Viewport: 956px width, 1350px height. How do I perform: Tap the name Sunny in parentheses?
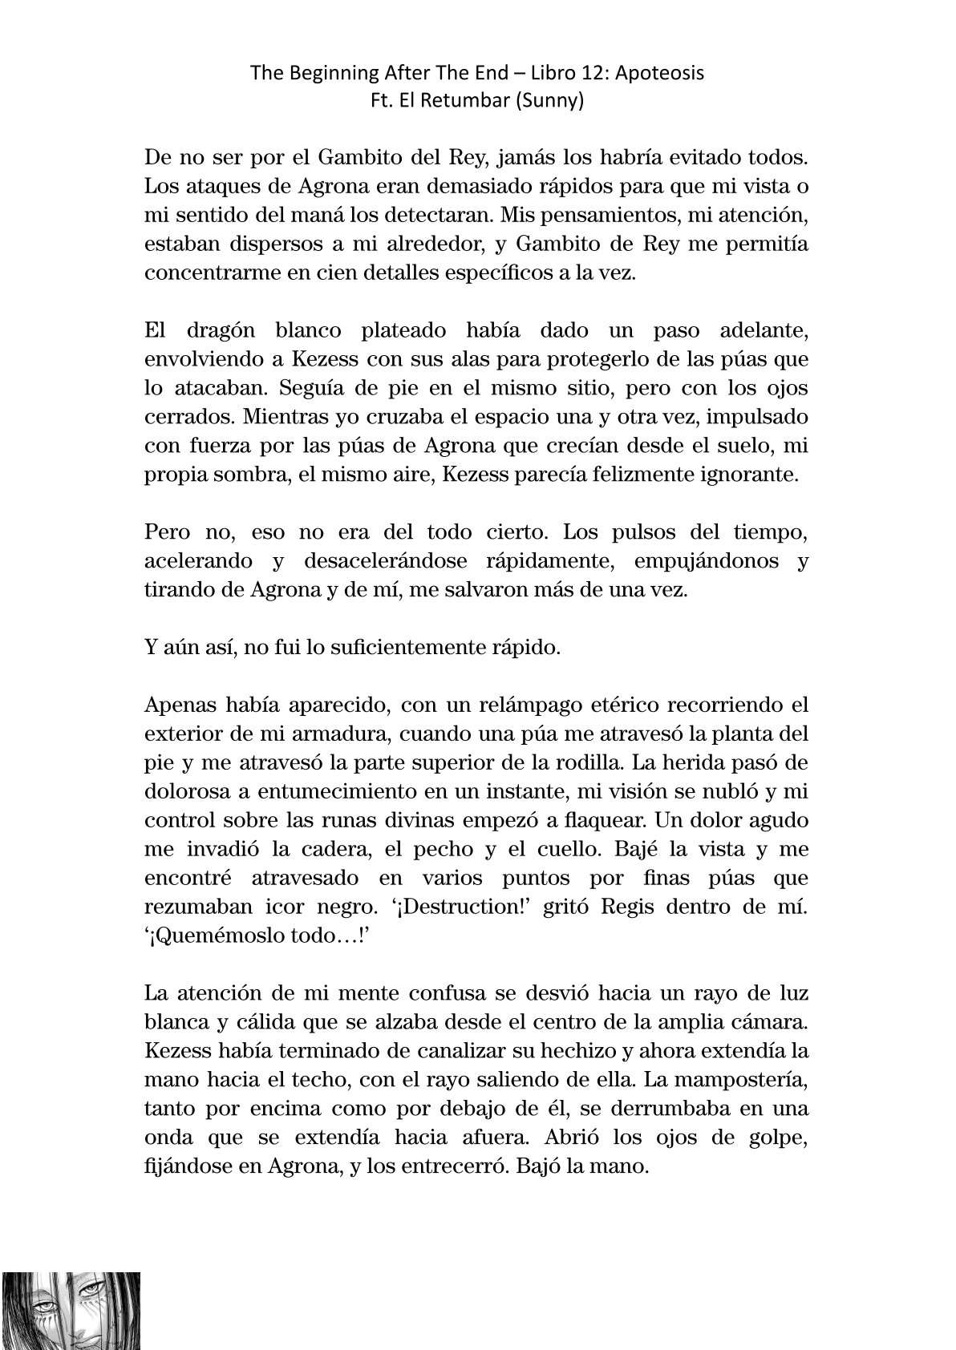[556, 102]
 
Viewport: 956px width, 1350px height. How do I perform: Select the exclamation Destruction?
[513, 907]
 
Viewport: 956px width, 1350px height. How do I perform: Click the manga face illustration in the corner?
[71, 1310]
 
